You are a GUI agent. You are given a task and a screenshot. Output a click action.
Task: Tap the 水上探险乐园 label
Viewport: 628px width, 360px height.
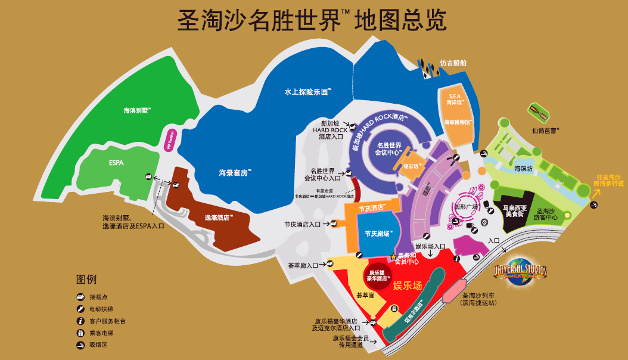(x=307, y=92)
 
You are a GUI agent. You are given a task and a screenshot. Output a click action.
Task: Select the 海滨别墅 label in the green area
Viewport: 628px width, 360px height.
(x=137, y=111)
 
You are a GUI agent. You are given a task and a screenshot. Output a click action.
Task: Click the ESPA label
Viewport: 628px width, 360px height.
(x=116, y=162)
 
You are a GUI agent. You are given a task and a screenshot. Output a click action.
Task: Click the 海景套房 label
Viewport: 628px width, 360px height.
(x=235, y=173)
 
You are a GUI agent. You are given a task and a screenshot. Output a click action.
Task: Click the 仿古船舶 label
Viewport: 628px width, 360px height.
(x=453, y=63)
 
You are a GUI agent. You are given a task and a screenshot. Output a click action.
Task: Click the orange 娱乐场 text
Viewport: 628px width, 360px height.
(x=408, y=286)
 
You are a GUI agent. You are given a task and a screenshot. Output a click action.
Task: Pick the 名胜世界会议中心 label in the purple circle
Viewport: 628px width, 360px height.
(x=388, y=149)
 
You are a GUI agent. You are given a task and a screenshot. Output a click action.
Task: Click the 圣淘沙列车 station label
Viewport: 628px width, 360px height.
(x=479, y=299)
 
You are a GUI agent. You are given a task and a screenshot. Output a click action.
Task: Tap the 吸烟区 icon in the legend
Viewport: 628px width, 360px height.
(x=79, y=345)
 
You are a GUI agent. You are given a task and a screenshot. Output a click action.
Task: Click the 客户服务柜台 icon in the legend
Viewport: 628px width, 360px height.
(x=79, y=321)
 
